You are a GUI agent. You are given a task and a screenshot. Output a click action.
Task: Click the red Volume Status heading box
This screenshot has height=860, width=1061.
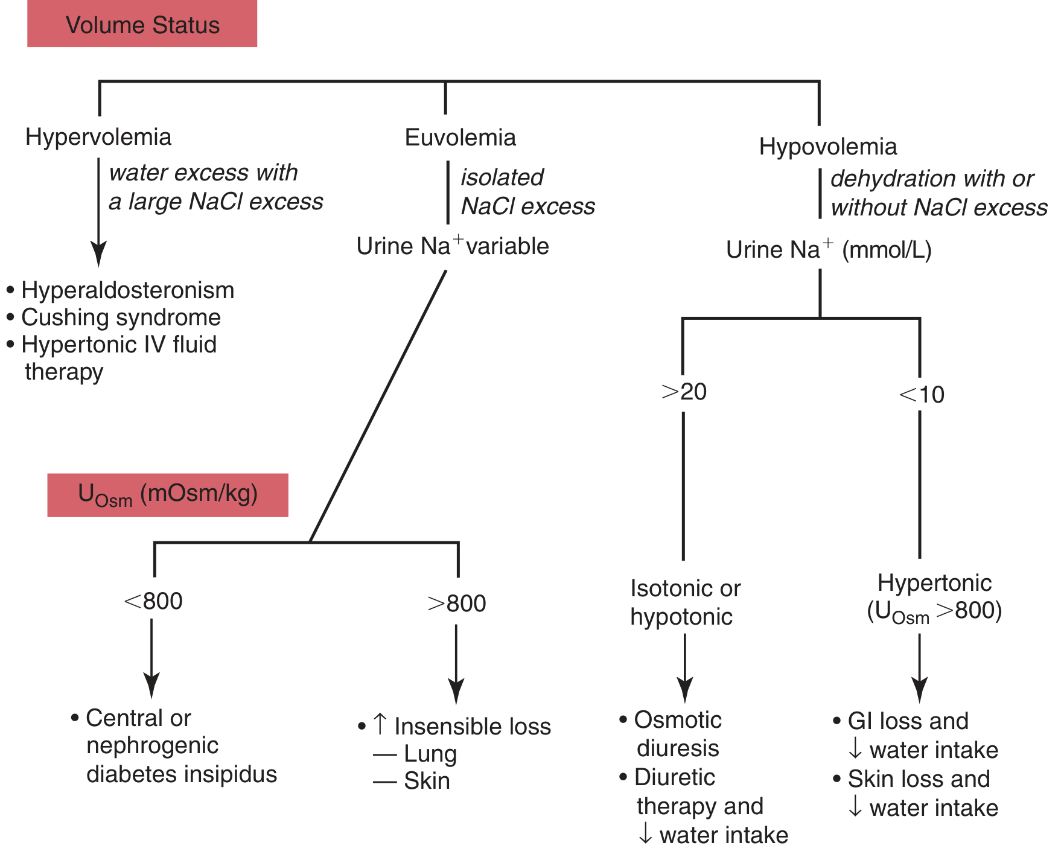[142, 24]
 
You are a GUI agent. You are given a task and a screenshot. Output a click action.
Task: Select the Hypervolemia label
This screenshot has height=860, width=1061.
[98, 137]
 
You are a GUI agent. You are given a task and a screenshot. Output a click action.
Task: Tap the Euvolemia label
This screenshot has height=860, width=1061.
[460, 137]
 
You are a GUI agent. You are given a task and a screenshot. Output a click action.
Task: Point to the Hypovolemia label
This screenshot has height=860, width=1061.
[828, 147]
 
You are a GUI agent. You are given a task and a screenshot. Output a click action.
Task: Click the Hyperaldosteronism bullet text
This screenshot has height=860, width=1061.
[127, 290]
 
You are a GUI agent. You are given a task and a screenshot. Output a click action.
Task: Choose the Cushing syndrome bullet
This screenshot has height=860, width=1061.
[121, 317]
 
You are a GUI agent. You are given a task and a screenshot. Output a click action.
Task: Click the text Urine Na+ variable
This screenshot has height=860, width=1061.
[453, 246]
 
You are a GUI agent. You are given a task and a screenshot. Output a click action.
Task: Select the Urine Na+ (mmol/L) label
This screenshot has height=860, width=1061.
[829, 249]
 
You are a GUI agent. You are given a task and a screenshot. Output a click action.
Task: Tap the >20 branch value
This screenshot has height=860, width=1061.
[684, 392]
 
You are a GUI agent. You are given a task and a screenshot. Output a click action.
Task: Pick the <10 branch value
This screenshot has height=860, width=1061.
[922, 395]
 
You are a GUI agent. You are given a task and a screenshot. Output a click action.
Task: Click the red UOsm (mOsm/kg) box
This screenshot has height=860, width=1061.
[168, 495]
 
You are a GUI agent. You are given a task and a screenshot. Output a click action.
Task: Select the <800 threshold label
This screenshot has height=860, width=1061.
[153, 601]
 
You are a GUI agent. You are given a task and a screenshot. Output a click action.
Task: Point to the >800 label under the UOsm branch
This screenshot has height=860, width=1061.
[457, 604]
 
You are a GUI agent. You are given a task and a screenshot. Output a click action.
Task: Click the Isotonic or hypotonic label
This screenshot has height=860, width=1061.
[686, 602]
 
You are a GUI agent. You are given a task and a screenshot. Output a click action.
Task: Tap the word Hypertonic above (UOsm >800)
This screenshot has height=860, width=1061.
[934, 582]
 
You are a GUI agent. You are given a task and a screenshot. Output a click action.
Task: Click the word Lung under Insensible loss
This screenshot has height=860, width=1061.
[430, 754]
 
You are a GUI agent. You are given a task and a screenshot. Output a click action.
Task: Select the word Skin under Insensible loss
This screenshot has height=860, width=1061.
[427, 781]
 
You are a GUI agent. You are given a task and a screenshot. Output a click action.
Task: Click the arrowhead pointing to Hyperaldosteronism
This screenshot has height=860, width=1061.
[98, 253]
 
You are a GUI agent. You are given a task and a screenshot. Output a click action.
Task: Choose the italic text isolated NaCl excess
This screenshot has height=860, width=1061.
[528, 192]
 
